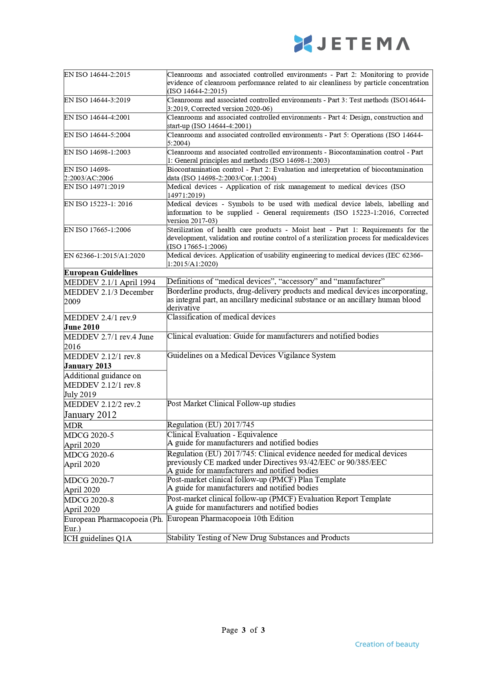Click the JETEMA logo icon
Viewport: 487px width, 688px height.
click(303, 44)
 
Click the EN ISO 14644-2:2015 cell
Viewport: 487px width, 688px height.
click(97, 74)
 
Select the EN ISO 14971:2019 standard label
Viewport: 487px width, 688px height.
click(94, 187)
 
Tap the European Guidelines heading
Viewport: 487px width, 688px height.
click(101, 272)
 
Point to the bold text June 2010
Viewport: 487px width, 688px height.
click(82, 327)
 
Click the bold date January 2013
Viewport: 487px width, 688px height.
click(88, 366)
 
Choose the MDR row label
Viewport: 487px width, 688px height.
click(73, 425)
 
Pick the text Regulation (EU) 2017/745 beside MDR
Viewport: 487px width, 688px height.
click(211, 425)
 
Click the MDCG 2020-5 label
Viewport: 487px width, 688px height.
click(89, 435)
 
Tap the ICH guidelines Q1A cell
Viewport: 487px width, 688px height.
click(98, 538)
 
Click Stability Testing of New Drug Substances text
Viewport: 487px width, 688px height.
click(258, 537)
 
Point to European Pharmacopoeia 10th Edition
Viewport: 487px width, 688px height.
click(230, 518)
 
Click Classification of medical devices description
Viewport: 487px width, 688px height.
click(221, 317)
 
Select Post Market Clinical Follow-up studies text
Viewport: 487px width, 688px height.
click(231, 403)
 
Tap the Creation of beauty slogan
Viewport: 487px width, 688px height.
click(387, 644)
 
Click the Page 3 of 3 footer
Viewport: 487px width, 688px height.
click(243, 630)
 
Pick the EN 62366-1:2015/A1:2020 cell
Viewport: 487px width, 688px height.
click(104, 256)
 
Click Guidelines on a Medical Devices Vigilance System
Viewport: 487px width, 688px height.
click(251, 355)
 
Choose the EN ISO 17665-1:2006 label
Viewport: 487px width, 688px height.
click(97, 230)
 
